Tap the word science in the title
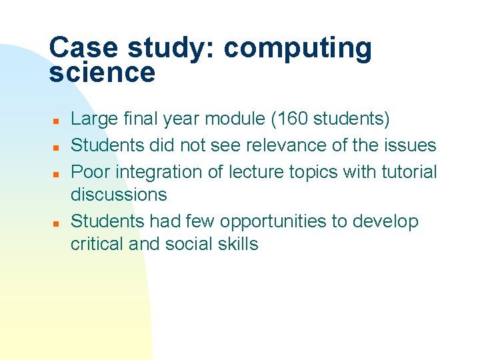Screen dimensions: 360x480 (101, 73)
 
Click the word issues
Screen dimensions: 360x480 (413, 145)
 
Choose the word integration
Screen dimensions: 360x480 (165, 172)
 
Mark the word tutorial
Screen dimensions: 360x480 (409, 171)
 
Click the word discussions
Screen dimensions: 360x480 (119, 195)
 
